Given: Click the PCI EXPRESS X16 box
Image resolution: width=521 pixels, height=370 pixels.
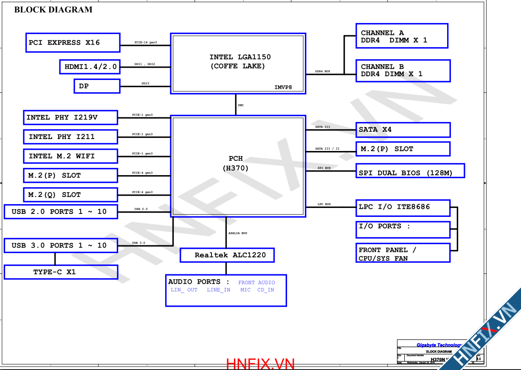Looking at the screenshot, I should (x=73, y=43).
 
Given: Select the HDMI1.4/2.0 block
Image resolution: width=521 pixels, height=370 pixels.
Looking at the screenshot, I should (x=90, y=67).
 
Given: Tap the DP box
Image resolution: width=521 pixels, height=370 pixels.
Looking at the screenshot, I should (x=97, y=86).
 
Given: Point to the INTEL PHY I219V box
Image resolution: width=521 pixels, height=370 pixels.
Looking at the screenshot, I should (x=70, y=117).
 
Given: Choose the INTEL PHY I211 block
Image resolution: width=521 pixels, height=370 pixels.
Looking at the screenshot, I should (x=70, y=137).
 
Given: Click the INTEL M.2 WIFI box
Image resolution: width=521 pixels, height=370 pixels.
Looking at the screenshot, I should (x=70, y=156).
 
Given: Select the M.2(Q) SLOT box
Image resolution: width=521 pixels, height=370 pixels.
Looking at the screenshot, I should (x=70, y=195).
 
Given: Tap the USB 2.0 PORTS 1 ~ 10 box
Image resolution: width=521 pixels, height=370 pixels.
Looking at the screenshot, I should (x=61, y=211).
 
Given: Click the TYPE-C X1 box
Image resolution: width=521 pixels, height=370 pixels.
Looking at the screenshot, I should (x=61, y=272).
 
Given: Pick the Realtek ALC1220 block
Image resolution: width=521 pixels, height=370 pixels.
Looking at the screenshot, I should (x=227, y=255).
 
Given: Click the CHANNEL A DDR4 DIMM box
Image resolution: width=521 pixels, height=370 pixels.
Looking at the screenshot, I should (x=401, y=36).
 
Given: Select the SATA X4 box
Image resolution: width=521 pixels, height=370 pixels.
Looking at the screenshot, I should (x=403, y=130).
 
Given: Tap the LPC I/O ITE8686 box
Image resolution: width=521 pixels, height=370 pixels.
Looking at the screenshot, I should (x=403, y=208).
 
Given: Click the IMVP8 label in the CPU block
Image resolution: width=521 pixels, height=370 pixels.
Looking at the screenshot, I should (x=283, y=88).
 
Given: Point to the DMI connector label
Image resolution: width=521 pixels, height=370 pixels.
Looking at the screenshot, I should (x=241, y=105).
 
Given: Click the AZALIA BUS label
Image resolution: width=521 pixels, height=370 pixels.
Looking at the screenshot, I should (x=238, y=233).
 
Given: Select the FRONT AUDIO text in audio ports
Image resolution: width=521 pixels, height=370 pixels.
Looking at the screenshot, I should (x=256, y=282).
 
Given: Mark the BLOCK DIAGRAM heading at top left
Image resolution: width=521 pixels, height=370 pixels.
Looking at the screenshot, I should (x=54, y=10).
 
